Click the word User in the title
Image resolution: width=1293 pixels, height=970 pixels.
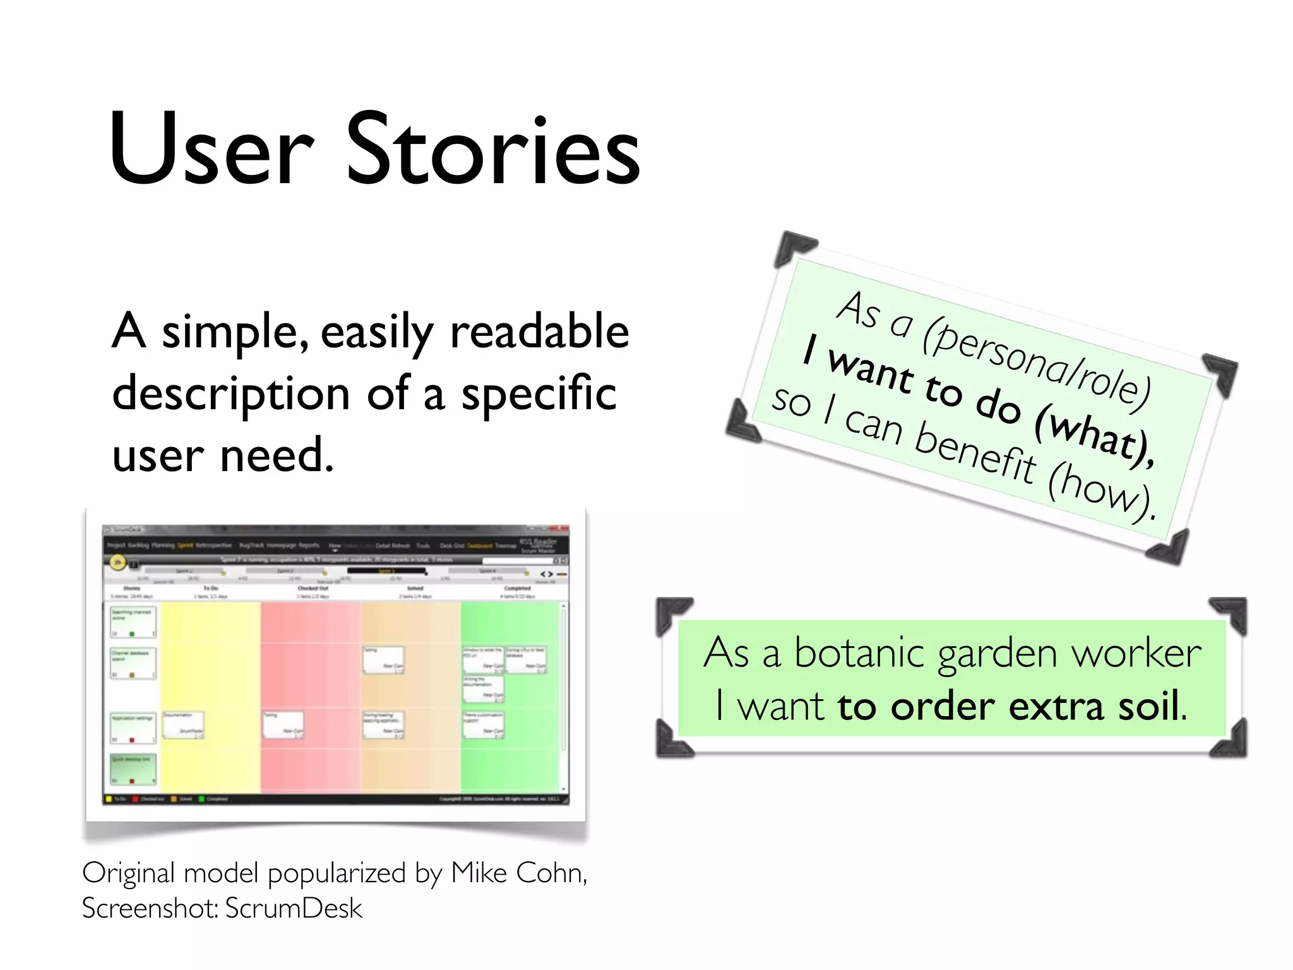click(x=212, y=150)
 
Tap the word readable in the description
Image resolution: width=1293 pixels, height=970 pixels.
click(x=540, y=331)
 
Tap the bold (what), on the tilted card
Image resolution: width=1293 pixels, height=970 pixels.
click(x=1095, y=436)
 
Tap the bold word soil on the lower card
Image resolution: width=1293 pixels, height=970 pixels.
click(x=1148, y=706)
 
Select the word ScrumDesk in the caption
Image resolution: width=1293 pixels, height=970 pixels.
click(x=294, y=908)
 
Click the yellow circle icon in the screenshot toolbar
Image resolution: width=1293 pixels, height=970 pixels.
click(x=117, y=561)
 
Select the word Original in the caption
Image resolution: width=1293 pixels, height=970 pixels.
click(x=128, y=873)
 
